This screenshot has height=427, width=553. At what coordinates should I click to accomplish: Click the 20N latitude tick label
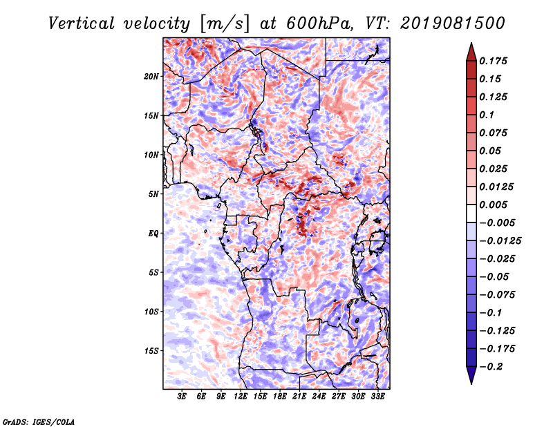point(151,77)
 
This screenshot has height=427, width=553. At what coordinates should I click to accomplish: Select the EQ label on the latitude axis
point(153,234)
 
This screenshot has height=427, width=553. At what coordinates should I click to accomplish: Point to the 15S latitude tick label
point(151,351)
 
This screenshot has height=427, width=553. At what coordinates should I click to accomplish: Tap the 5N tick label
point(153,194)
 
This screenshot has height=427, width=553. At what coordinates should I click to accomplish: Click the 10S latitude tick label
point(151,312)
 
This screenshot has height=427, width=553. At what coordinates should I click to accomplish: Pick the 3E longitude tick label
point(182,397)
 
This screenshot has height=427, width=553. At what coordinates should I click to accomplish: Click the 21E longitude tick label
point(299,397)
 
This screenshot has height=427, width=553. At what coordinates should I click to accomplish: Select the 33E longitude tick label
point(377,397)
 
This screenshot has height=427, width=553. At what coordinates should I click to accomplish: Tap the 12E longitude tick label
point(240,397)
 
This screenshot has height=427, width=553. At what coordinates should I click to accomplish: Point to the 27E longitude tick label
point(338,397)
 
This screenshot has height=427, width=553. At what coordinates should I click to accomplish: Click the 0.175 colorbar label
point(493,61)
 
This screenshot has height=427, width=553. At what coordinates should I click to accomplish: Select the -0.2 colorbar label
point(491,367)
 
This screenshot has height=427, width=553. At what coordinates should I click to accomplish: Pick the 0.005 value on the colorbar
point(493,205)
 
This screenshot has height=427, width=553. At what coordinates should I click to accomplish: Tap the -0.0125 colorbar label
point(500,241)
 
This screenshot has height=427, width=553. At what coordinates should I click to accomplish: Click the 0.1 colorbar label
point(487,115)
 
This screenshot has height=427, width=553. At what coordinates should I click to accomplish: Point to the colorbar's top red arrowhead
point(471,53)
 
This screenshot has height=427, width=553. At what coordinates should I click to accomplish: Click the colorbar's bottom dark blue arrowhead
point(471,374)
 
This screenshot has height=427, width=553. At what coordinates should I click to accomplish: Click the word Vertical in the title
point(82,23)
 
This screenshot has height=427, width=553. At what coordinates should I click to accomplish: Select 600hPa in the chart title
point(319,23)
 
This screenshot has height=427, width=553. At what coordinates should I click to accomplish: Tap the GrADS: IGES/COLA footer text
point(38,422)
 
